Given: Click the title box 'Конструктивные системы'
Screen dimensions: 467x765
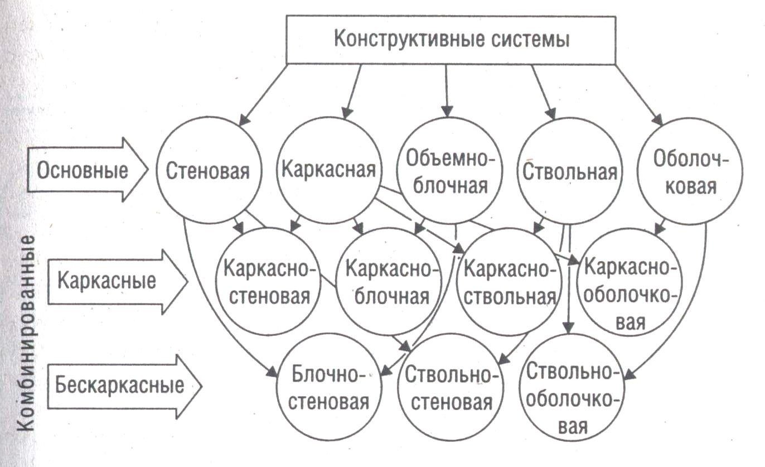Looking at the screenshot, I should coord(451,40).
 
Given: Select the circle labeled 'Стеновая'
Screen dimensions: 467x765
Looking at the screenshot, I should coord(207,171).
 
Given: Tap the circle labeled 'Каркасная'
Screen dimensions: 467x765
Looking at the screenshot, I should coord(330,169).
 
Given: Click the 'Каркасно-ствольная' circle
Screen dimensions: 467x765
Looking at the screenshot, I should coord(510,282).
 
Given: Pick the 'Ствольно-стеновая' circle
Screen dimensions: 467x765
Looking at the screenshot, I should coord(449,388).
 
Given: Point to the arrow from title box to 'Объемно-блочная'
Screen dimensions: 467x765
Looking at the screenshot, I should coord(446,89).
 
